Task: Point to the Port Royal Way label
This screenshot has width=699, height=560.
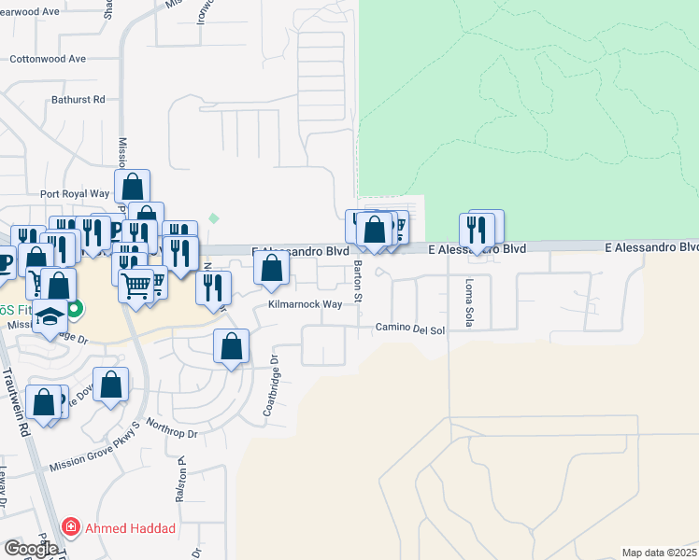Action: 75,194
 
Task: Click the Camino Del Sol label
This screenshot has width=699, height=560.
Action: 410,329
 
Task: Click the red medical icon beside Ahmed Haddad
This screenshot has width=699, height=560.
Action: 70,528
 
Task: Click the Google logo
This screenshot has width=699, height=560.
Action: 31,549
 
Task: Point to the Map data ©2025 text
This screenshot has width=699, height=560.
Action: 659,553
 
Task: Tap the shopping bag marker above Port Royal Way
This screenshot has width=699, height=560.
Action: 133,185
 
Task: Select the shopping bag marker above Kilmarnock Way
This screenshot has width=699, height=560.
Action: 271,269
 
